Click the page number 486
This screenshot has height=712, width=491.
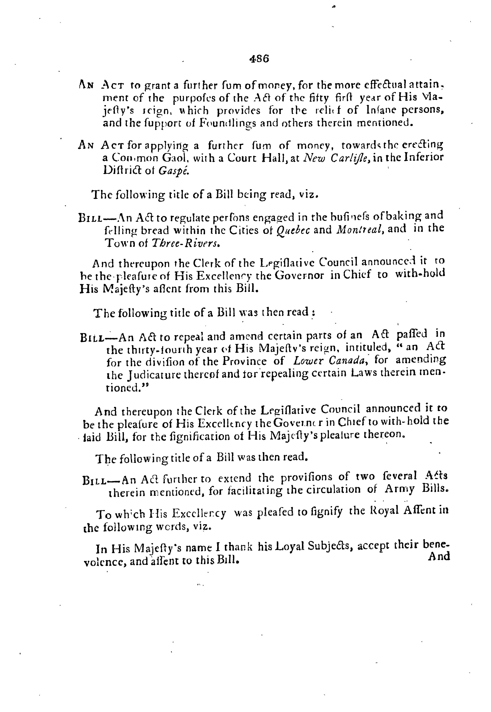tap(259, 59)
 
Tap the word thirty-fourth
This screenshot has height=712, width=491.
tap(152, 349)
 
